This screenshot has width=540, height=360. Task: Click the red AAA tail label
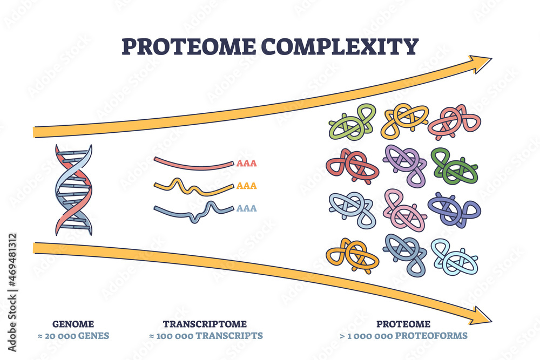pos(246,163)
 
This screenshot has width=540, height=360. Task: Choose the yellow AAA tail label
pos(246,186)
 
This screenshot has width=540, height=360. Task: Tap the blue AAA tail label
pos(246,208)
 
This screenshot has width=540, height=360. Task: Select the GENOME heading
pos(73,324)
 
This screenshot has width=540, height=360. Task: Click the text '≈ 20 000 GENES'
pos(73,336)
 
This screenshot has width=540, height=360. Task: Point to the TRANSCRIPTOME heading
pos(205,324)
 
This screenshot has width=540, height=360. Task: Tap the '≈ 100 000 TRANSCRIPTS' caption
pos(205,336)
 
